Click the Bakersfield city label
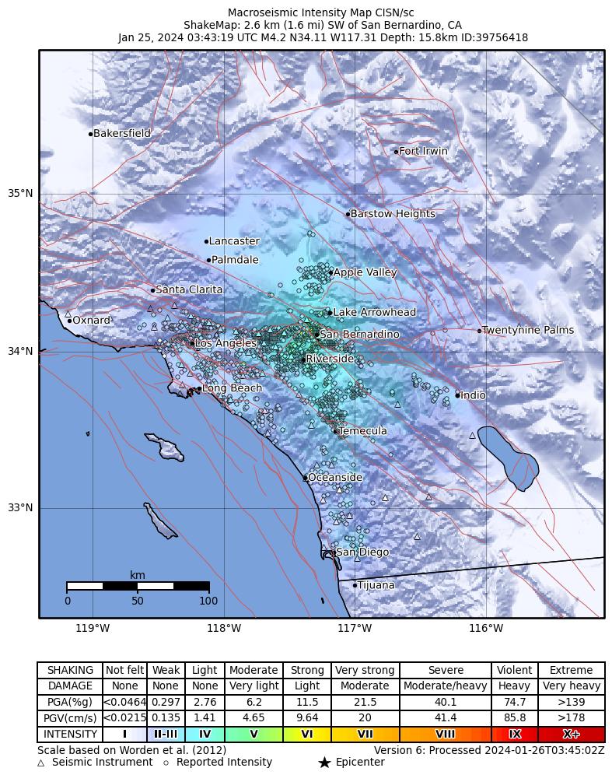(x=122, y=134)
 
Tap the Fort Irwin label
(x=423, y=151)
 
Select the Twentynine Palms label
(x=528, y=330)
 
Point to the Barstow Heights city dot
(x=348, y=214)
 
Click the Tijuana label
(x=376, y=585)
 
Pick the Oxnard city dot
(x=69, y=321)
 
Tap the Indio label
(x=473, y=395)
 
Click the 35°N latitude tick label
(x=20, y=194)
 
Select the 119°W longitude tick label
(x=93, y=628)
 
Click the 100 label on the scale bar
(x=208, y=601)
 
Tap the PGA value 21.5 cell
(x=365, y=702)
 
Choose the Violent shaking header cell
(x=514, y=670)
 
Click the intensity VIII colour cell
(x=445, y=734)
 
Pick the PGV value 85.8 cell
(x=514, y=717)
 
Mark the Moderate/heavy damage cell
(x=445, y=686)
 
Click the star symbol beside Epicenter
(x=324, y=763)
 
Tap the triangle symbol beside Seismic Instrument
(x=41, y=763)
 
